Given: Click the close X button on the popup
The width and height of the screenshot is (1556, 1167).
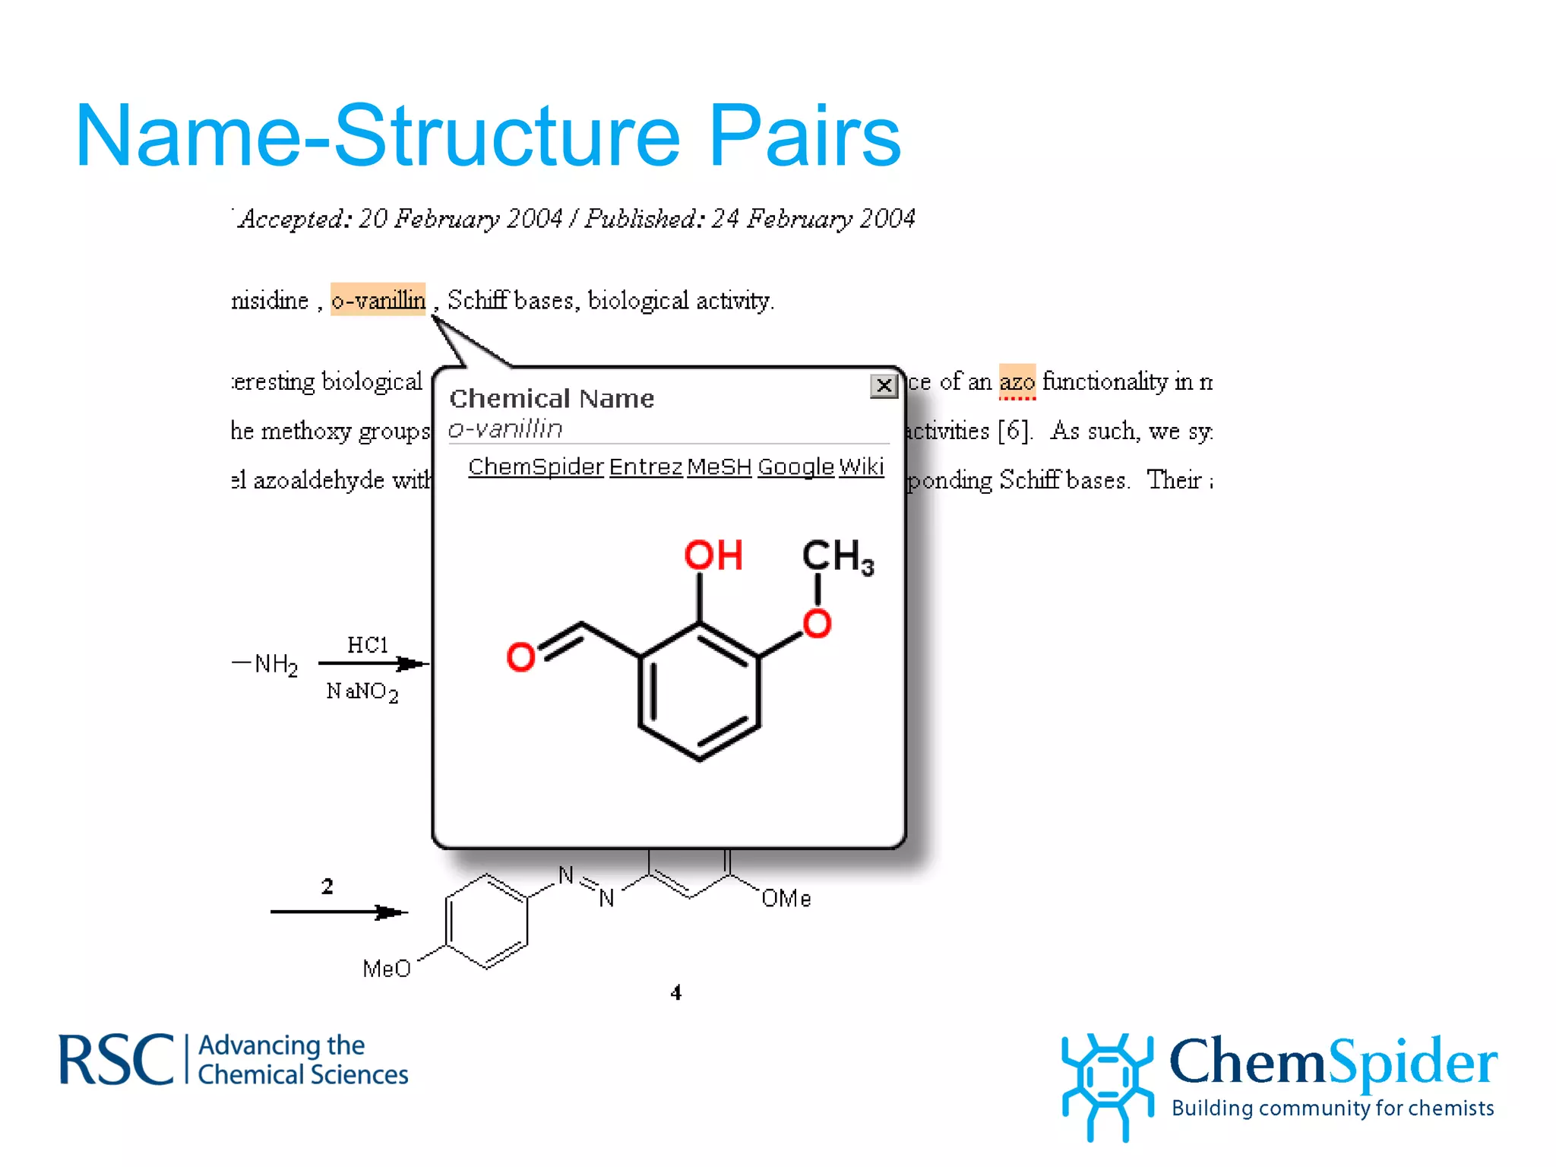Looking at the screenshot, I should [x=884, y=386].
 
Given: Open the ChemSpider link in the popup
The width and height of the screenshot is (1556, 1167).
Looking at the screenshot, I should [x=536, y=466].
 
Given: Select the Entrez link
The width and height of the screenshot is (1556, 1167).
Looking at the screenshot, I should [x=646, y=466].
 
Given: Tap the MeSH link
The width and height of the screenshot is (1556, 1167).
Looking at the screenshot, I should [x=719, y=466].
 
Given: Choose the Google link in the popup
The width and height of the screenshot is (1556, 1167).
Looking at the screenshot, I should [x=795, y=466].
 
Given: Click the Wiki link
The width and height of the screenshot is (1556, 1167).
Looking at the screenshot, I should [x=862, y=466].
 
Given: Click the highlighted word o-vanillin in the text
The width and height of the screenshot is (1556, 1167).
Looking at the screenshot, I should [x=378, y=300].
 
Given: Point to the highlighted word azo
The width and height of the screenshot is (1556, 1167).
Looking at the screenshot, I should [x=1017, y=381].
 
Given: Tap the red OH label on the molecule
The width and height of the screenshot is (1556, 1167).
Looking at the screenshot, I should [x=713, y=555].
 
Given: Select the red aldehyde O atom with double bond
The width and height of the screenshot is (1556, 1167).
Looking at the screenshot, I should [x=520, y=656].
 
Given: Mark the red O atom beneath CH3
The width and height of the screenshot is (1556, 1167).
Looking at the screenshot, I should [x=818, y=624].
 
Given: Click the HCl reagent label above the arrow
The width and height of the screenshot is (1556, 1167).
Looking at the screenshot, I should [x=368, y=645].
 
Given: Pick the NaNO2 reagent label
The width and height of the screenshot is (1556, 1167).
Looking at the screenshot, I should [x=362, y=691].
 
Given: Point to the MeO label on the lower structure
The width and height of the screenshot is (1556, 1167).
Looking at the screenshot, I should [x=387, y=969].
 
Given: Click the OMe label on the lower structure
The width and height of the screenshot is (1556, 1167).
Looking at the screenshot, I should [x=786, y=899].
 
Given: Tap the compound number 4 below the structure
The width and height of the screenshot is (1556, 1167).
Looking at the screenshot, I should [x=676, y=992].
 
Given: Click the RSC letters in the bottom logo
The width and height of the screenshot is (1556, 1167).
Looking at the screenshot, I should [x=116, y=1060].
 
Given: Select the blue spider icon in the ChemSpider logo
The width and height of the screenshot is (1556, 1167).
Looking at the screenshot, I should [x=1107, y=1083].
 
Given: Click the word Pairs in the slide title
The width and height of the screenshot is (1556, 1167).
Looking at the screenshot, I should [x=805, y=137].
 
